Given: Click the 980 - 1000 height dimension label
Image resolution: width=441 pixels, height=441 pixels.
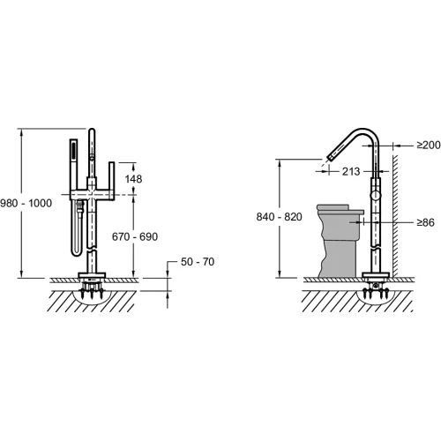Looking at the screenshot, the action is pyautogui.click(x=26, y=203).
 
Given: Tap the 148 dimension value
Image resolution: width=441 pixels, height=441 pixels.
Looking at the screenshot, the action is pyautogui.click(x=133, y=179).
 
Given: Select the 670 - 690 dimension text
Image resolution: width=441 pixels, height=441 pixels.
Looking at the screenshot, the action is pyautogui.click(x=135, y=236).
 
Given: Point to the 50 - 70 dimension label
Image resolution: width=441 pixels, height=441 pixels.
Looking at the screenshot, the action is pyautogui.click(x=198, y=262).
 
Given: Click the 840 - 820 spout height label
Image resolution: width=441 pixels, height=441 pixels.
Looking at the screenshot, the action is pyautogui.click(x=280, y=217).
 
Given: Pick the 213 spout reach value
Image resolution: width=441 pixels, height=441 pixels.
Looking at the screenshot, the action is pyautogui.click(x=351, y=171).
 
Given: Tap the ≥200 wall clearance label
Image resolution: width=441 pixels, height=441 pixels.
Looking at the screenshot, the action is pyautogui.click(x=429, y=145).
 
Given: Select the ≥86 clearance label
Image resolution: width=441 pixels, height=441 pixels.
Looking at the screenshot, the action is pyautogui.click(x=425, y=222).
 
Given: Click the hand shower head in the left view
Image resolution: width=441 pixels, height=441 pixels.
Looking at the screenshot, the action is pyautogui.click(x=73, y=153).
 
